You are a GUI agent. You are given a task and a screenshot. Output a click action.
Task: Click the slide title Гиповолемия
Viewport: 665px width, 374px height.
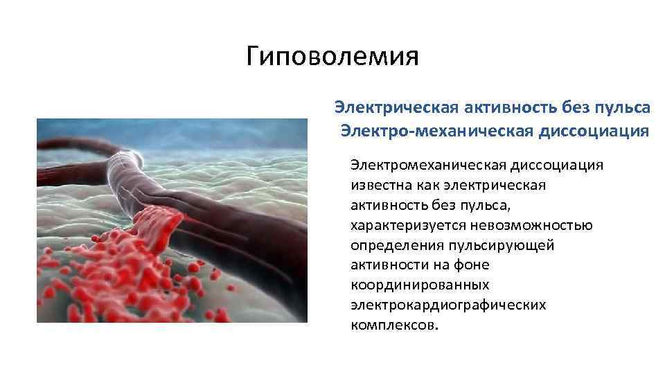pos(332,56)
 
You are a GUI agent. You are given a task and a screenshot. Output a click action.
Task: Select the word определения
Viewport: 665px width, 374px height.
pos(393,246)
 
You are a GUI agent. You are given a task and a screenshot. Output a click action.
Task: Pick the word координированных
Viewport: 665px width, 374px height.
pos(420,285)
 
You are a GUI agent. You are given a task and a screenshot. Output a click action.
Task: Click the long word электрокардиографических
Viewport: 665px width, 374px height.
pos(447,305)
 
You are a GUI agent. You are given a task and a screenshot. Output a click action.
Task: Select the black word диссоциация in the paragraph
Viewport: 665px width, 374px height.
pos(558,165)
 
